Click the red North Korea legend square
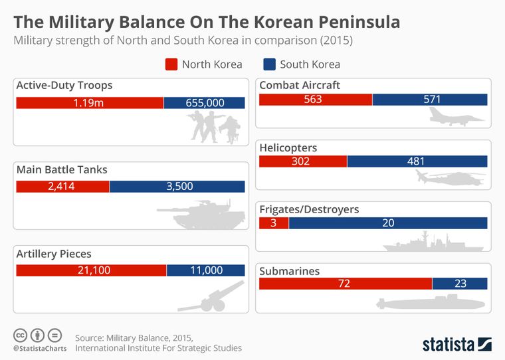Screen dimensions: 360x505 point(171,64)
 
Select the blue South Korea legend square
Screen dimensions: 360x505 point(270,64)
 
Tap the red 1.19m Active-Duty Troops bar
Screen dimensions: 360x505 point(89,103)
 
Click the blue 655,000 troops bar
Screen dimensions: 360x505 point(204,103)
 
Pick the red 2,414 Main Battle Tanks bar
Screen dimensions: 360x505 point(62,187)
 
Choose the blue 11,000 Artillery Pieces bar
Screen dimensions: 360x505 point(205,270)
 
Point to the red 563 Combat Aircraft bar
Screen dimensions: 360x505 point(316,100)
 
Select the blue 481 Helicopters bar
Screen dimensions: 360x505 point(417,161)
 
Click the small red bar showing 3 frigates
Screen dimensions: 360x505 point(274,223)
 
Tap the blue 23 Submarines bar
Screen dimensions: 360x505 point(460,284)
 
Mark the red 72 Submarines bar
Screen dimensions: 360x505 point(346,284)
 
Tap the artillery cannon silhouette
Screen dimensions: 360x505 point(210,298)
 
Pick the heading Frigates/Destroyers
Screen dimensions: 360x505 point(309,210)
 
